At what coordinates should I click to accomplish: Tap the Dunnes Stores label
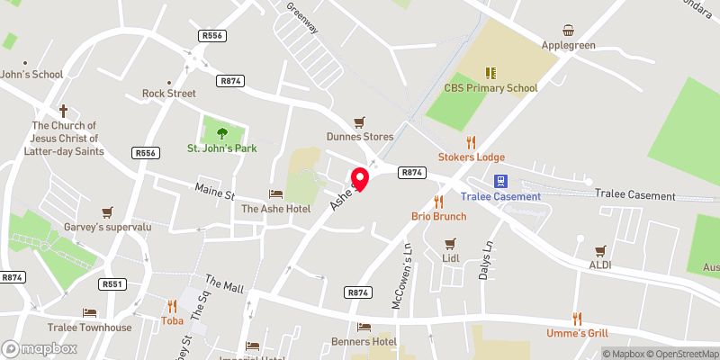pos(360,137)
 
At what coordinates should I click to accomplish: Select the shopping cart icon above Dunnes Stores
pos(360,121)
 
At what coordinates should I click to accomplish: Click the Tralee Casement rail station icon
pos(501,181)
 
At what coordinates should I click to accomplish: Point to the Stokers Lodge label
pos(472,157)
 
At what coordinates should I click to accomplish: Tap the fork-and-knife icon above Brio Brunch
pos(438,201)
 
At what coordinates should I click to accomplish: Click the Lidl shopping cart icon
pos(451,243)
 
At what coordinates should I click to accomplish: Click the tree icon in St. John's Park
pos(221,133)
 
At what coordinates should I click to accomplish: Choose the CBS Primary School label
pos(490,88)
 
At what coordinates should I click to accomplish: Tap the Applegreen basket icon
pos(569,31)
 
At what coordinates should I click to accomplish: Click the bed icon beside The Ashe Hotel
pos(275,193)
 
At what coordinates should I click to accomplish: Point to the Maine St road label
pos(215,191)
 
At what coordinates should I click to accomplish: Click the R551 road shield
pos(112,284)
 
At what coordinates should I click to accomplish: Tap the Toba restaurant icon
pos(172,304)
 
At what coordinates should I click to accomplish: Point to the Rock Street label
pos(168,94)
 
